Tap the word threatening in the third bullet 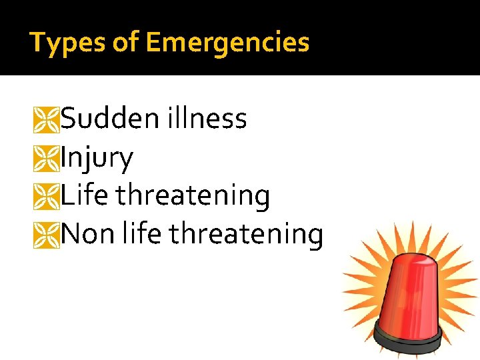click(x=193, y=196)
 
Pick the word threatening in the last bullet click(x=246, y=234)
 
